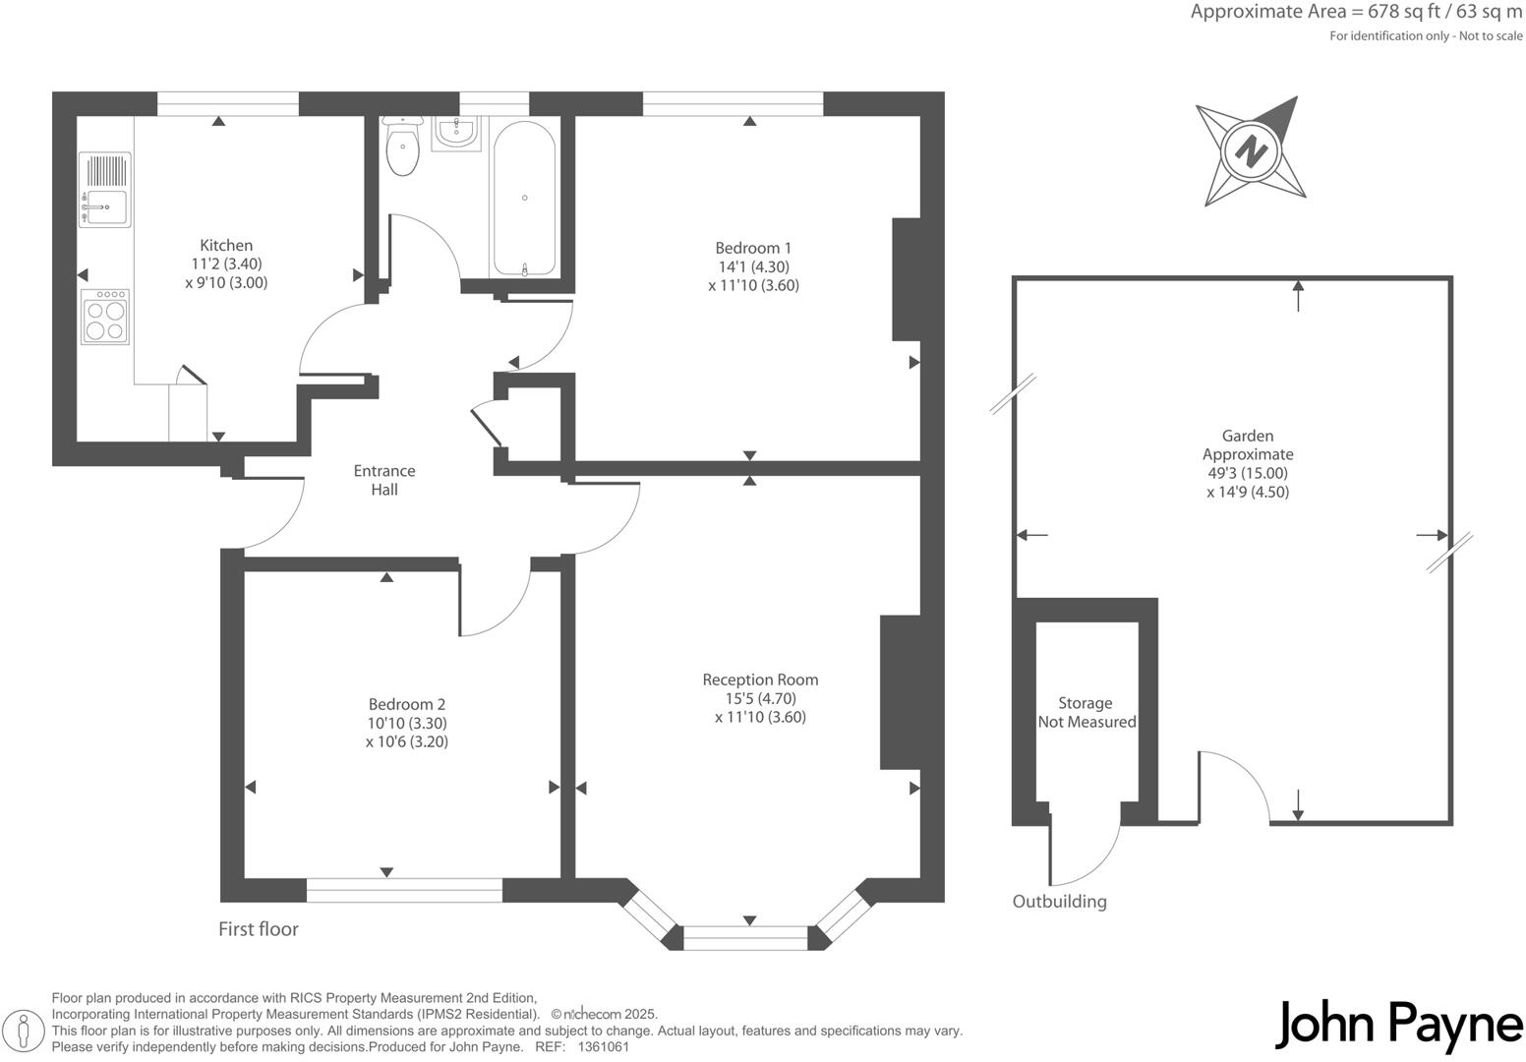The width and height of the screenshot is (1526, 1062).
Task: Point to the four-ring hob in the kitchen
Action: coord(104,317)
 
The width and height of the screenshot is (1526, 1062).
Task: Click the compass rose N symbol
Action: coord(1251,152)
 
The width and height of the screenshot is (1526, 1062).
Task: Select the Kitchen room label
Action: coord(226,246)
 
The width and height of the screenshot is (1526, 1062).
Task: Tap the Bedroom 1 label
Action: coord(753,249)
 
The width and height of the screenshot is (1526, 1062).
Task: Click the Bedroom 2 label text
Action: coord(407,704)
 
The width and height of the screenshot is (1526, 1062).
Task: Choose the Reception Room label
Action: coord(760,679)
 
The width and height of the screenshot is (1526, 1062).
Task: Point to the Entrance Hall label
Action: coord(384,480)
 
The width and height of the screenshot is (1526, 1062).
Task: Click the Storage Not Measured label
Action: coord(1086,713)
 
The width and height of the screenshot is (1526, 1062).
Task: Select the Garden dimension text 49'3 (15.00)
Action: coord(1248,473)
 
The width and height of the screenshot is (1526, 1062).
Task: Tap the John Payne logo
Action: coord(1398,1025)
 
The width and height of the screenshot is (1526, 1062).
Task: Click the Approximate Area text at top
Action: coord(1355,13)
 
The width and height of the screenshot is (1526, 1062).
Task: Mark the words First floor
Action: coord(259,929)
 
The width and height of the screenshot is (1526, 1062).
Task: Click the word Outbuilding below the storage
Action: coord(1059,902)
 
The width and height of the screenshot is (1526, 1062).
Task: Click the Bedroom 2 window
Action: coord(404,890)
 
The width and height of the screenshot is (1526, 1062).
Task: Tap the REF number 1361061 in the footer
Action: coord(604,1047)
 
